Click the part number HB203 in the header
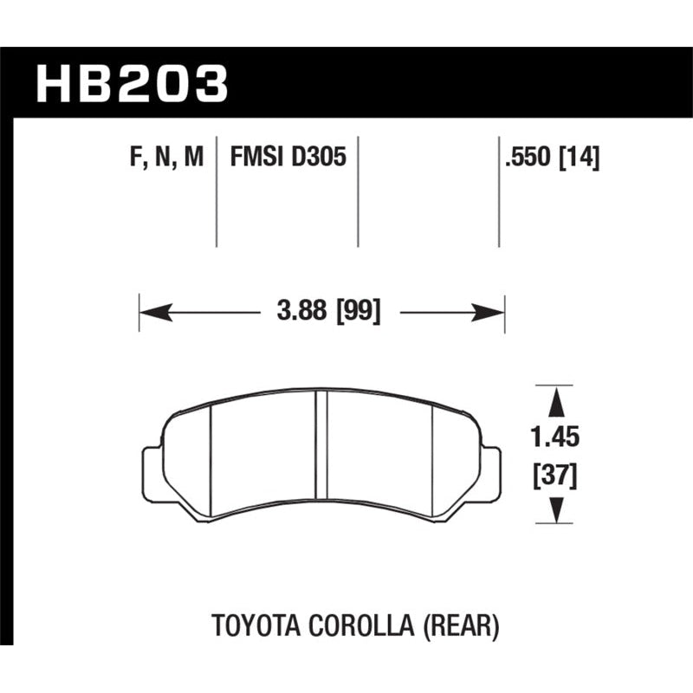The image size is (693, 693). [x=133, y=83]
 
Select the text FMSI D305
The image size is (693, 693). [x=288, y=157]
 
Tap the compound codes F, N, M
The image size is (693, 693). [x=166, y=158]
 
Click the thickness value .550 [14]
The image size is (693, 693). [x=553, y=158]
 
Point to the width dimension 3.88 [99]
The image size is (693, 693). [x=328, y=311]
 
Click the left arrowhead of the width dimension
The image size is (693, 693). [x=156, y=313]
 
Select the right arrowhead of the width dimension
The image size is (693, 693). [x=488, y=313]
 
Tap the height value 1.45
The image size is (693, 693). [x=554, y=437]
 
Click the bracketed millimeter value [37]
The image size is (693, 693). [x=555, y=476]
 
